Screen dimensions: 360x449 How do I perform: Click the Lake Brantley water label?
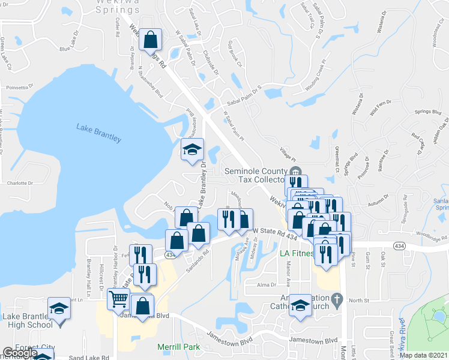pyautogui.click(x=99, y=133)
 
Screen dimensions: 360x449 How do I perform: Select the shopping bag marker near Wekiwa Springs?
pyautogui.click(x=150, y=40)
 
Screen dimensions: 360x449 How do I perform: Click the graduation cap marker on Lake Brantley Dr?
pyautogui.click(x=192, y=149)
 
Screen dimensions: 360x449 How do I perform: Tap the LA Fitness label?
pyautogui.click(x=297, y=254)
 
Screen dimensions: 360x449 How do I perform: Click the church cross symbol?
pyautogui.click(x=337, y=298)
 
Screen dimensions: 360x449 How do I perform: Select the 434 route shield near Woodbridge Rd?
pyautogui.click(x=399, y=246)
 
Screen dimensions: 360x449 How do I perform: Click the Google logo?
pyautogui.click(x=19, y=353)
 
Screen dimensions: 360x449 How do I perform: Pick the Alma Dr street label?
pyautogui.click(x=268, y=285)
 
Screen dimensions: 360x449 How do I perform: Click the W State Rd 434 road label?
pyautogui.click(x=276, y=229)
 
